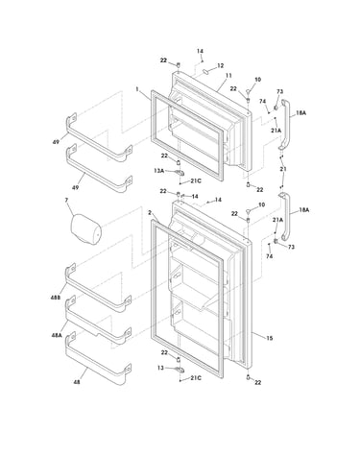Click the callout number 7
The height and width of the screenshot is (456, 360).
pyautogui.click(x=66, y=201)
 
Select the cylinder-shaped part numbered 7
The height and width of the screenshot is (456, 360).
pyautogui.click(x=85, y=229)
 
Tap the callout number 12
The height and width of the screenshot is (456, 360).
pyautogui.click(x=221, y=65)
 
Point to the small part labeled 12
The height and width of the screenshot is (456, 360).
pyautogui.click(x=205, y=71)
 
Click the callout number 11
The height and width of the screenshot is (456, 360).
pyautogui.click(x=228, y=76)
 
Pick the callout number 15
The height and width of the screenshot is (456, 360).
pyautogui.click(x=270, y=338)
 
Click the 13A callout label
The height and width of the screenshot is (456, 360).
pyautogui.click(x=158, y=171)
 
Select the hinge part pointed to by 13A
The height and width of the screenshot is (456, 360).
pyautogui.click(x=180, y=173)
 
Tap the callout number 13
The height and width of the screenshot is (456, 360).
pyautogui.click(x=160, y=368)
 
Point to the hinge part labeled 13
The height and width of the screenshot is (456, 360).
pyautogui.click(x=180, y=370)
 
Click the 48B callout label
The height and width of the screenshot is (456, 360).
pyautogui.click(x=56, y=298)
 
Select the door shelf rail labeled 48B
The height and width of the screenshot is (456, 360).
pyautogui.click(x=98, y=289)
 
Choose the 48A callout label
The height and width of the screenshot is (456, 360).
pyautogui.click(x=57, y=335)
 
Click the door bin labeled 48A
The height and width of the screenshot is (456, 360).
pyautogui.click(x=98, y=323)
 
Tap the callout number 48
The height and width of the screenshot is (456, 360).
pyautogui.click(x=77, y=382)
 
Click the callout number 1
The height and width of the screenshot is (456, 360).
pyautogui.click(x=137, y=89)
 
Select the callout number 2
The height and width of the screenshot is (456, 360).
pyautogui.click(x=150, y=212)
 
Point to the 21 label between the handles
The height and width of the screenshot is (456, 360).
pyautogui.click(x=283, y=169)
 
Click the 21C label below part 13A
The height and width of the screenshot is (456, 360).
pyautogui.click(x=196, y=181)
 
